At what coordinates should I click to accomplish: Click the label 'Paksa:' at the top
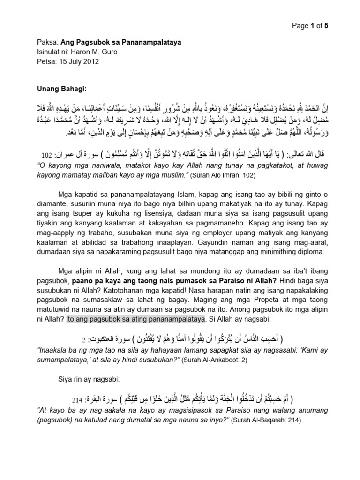pos(47,43)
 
